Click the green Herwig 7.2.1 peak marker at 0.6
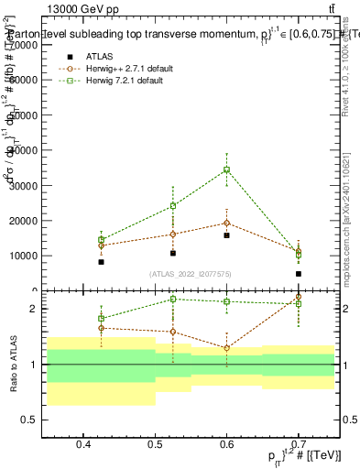point(227,169)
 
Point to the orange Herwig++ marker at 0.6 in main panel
point(227,223)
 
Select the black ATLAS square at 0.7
point(299,274)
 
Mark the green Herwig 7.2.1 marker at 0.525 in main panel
point(173,205)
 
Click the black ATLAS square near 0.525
point(173,253)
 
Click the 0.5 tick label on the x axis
point(156,444)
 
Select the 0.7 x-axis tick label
point(299,444)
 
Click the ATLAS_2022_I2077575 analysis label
point(191,274)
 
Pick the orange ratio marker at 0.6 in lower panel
point(227,348)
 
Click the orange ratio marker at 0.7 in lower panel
point(299,297)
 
